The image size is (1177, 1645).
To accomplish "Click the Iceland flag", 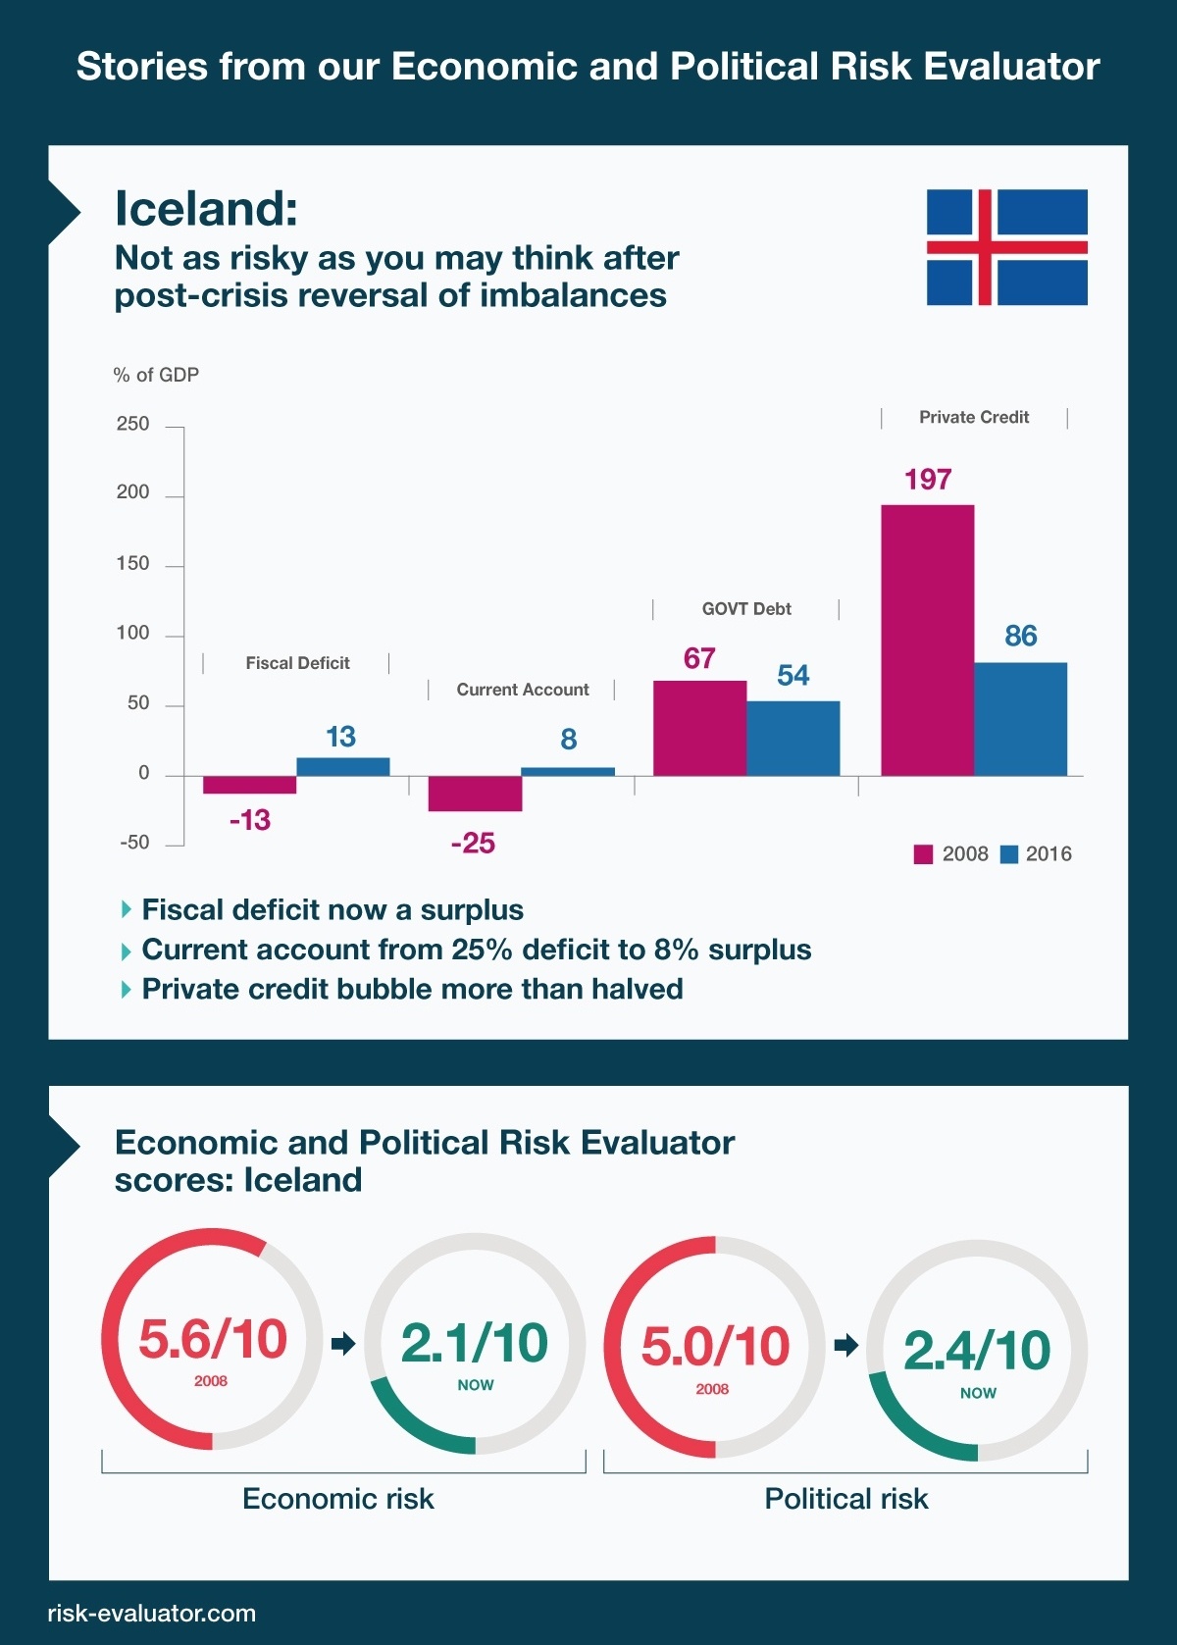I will pos(1007,247).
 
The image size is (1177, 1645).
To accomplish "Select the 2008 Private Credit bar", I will pos(927,640).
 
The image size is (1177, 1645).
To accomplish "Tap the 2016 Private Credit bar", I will pos(1020,719).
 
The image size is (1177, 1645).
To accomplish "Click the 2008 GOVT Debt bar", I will pos(699,728).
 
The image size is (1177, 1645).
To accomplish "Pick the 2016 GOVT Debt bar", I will pos(793,738).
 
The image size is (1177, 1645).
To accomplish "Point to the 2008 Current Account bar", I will pos(475,794).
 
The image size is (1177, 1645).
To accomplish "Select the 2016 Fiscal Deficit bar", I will pos(342,766).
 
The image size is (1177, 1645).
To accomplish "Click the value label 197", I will pos(928,480).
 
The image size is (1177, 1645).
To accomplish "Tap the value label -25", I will pos(473,844).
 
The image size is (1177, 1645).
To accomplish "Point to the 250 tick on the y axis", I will pos(133,424).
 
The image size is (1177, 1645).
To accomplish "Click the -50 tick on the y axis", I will pos(134,843).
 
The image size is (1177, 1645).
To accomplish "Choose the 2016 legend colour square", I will pos(1008,854).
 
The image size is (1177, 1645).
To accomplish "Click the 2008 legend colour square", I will pos(923,854).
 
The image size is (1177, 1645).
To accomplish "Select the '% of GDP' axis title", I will pos(156,375).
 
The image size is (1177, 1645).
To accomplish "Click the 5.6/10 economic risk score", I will pos(213,1339).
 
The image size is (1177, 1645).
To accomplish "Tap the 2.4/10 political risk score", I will pos(977,1351).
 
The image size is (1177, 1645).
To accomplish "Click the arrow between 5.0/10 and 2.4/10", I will pos(845,1345).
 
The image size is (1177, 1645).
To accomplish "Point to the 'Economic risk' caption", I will pos(337,1499).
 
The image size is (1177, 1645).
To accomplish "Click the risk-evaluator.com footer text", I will pos(152,1614).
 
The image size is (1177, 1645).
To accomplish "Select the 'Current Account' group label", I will pos(523,690).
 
